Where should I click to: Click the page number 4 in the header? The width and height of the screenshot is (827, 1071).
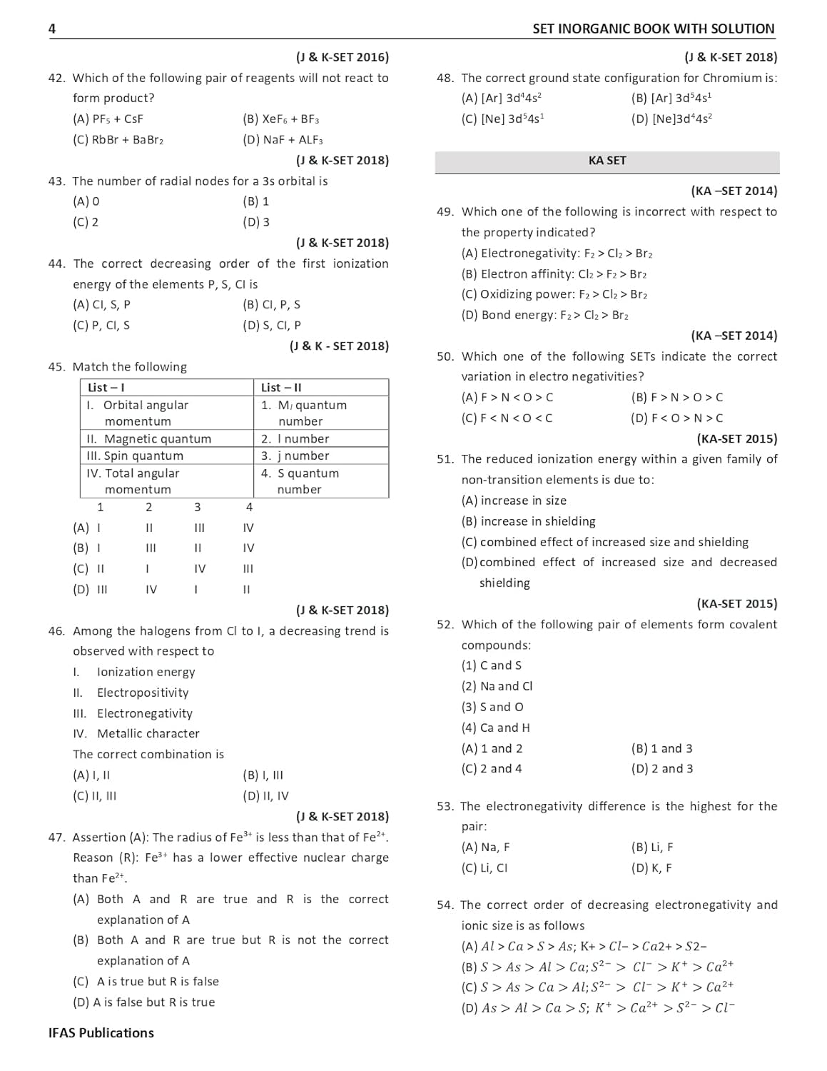[x=52, y=29]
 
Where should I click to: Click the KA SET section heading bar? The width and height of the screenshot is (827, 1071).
[x=607, y=161]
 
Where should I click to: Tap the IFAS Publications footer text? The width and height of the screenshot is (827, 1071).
[x=101, y=1033]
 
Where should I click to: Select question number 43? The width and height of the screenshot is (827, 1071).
[x=56, y=181]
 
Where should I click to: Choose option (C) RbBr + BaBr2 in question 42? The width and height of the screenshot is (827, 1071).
[x=118, y=140]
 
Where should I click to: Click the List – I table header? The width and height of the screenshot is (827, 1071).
[x=106, y=388]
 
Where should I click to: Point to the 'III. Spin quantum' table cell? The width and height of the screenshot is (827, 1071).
[x=135, y=456]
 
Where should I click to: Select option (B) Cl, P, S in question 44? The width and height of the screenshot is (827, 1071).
[x=271, y=305]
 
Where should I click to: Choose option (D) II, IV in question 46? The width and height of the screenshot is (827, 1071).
[x=265, y=796]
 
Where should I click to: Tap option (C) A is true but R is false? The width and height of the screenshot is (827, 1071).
[x=146, y=982]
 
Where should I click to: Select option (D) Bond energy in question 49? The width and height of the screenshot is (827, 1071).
[x=544, y=316]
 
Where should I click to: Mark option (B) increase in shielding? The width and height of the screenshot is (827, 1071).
[x=528, y=522]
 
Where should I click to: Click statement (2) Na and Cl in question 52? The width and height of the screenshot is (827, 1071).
[x=497, y=686]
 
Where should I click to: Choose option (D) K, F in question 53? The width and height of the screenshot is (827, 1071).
[x=651, y=868]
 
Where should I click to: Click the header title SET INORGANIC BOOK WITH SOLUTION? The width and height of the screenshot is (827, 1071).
[x=653, y=29]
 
